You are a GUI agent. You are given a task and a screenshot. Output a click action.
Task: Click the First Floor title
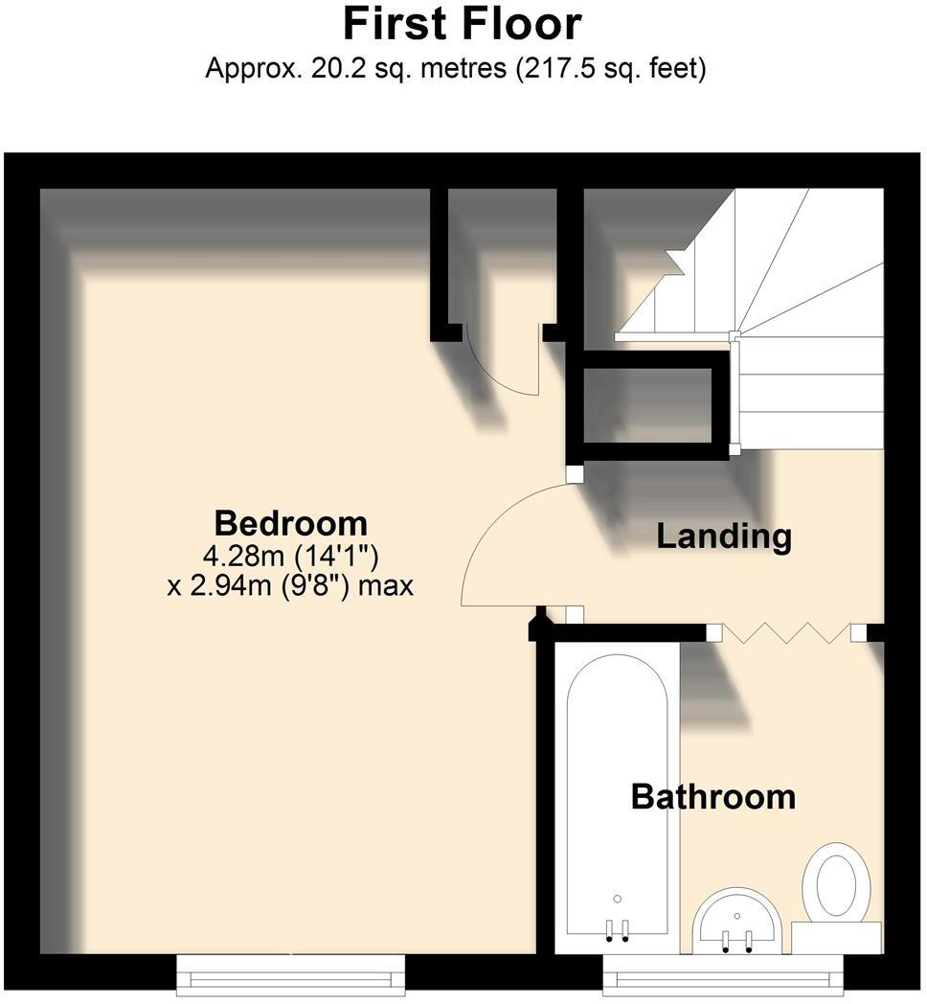463,23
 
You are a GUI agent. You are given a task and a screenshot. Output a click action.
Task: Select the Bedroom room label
290,523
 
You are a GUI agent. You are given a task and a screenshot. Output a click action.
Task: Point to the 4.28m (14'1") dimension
290,556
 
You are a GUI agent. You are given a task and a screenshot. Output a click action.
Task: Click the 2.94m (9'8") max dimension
290,585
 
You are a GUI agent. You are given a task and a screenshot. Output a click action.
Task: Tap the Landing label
724,536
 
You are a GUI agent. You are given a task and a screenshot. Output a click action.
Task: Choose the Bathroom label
713,796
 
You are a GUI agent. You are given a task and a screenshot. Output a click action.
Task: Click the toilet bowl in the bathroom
835,882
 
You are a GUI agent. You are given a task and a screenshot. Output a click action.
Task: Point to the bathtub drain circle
617,899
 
